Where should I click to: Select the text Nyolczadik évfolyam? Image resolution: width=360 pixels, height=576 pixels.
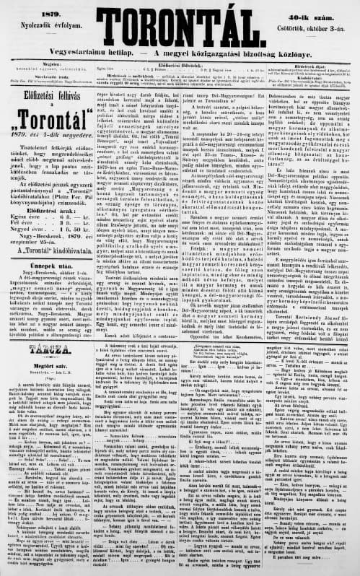pyautogui.click(x=40, y=22)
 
